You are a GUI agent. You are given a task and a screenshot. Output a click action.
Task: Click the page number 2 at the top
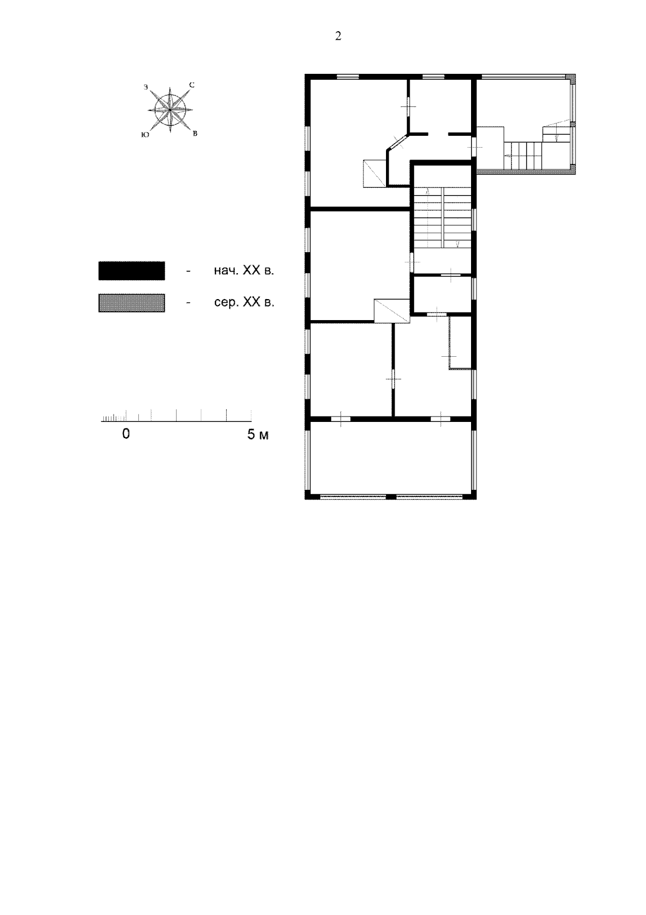tap(338, 36)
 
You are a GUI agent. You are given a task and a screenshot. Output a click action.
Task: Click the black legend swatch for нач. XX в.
tap(131, 271)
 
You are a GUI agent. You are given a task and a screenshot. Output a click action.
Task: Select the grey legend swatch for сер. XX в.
tap(131, 303)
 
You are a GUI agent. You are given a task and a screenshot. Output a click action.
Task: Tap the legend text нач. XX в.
tap(244, 271)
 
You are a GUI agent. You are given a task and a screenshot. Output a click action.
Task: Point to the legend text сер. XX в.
tap(244, 303)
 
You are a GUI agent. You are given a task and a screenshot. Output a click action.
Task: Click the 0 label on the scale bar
tap(126, 434)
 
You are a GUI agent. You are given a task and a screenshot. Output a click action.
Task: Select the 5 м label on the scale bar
tap(258, 434)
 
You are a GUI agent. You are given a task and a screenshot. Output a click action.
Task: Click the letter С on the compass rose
tap(192, 85)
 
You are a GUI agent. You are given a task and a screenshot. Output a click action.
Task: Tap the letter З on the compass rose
tap(146, 87)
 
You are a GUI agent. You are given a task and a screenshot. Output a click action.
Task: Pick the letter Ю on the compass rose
tap(145, 135)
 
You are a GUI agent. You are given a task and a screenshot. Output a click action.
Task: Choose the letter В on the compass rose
tap(195, 134)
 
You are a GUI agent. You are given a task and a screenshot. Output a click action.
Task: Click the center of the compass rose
tap(170, 110)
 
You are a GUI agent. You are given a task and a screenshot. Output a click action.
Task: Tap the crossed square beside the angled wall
tap(374, 173)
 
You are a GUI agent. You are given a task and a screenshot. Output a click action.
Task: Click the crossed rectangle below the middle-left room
tap(392, 311)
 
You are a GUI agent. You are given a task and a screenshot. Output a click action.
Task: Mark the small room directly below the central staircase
tap(443, 294)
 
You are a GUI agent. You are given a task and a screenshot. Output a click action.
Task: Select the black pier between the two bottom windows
tap(391, 497)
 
